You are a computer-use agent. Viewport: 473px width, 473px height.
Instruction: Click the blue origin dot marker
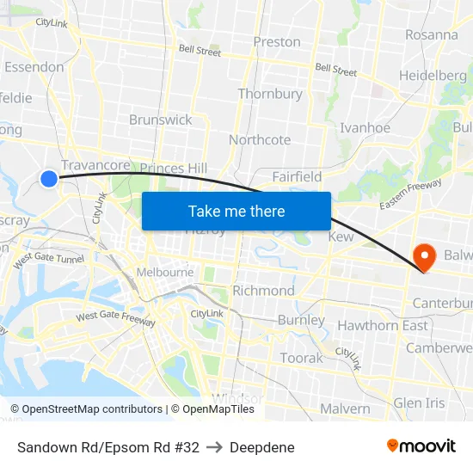(49, 179)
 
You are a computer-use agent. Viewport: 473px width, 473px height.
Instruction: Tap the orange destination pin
(424, 256)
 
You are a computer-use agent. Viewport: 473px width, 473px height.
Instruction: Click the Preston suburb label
(277, 41)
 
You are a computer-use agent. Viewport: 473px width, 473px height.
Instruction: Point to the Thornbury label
(270, 94)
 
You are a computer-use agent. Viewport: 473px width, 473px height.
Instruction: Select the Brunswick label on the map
(161, 120)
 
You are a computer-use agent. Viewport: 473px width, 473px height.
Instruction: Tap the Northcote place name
(260, 139)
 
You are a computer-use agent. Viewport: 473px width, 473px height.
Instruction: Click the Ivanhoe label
(365, 127)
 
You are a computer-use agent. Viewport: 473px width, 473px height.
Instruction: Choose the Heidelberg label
(433, 76)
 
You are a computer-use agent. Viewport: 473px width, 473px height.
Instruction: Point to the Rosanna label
(431, 35)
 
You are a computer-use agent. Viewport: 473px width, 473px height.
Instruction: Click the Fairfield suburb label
(297, 176)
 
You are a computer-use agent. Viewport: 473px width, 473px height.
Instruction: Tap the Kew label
(341, 236)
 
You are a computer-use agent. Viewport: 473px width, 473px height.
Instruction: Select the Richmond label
(263, 291)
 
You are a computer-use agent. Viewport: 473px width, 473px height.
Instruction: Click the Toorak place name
(301, 358)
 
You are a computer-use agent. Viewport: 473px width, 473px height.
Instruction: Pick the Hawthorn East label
(382, 325)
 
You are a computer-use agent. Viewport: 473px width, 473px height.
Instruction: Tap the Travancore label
(95, 165)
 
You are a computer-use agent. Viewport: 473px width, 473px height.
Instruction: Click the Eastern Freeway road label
(410, 194)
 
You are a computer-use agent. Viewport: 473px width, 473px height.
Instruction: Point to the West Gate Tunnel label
(48, 257)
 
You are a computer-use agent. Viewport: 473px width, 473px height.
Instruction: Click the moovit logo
(421, 446)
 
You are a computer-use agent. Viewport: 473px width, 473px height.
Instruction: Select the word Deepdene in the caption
(262, 447)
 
